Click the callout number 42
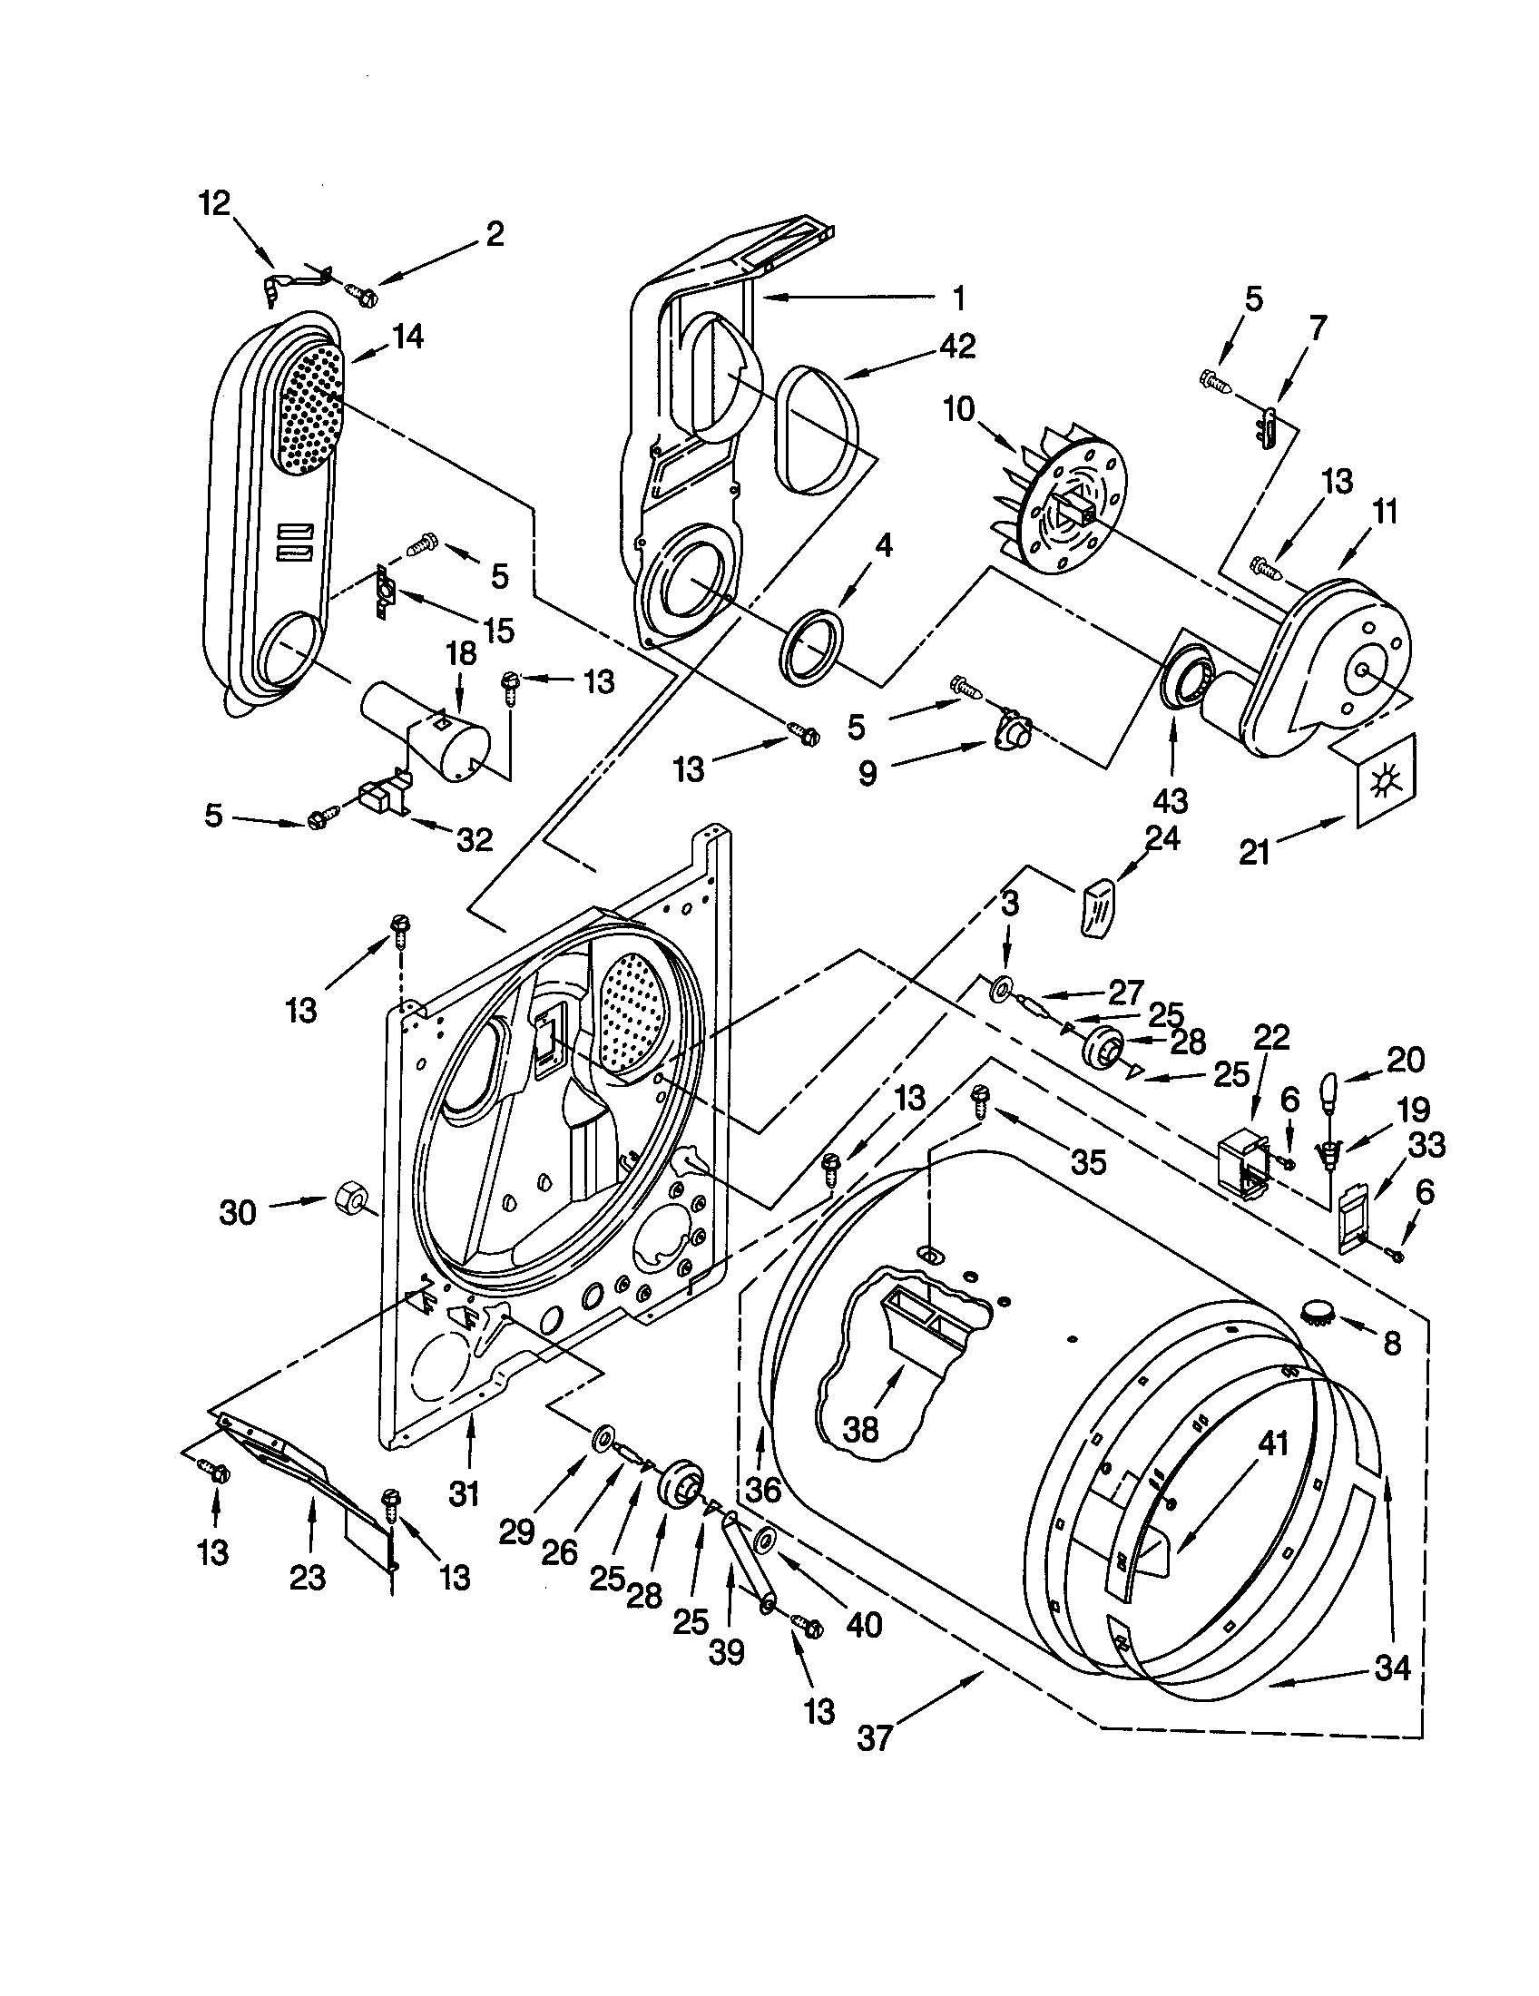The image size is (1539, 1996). click(956, 347)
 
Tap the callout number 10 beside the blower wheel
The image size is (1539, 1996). click(959, 409)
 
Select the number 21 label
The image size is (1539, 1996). click(1255, 853)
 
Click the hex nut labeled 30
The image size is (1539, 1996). click(349, 1196)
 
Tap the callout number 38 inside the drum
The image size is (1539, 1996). click(860, 1429)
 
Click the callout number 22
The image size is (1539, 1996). click(1270, 1038)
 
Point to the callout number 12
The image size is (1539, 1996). click(215, 203)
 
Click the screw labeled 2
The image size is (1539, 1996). click(360, 293)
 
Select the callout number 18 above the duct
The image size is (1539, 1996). click(462, 653)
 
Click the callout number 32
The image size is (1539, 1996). click(475, 839)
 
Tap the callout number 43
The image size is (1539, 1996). click(1171, 800)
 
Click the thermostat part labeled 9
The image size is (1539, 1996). click(1010, 732)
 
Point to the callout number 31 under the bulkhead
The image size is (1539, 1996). click(465, 1494)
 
